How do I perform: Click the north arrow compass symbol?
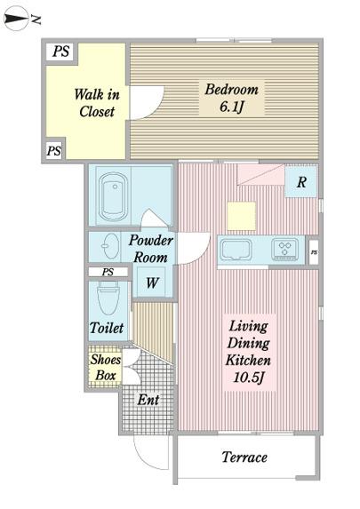click(x=16, y=19)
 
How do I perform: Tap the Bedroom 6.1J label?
click(x=231, y=98)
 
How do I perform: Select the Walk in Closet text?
click(x=97, y=102)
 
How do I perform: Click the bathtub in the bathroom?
click(x=113, y=196)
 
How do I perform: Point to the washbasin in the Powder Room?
click(x=110, y=246)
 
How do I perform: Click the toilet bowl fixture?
click(x=108, y=298)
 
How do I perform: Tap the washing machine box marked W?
click(x=152, y=282)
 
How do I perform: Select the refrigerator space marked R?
click(x=300, y=181)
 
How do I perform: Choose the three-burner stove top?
click(x=285, y=250)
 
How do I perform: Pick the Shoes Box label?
click(x=105, y=367)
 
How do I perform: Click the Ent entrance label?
click(x=148, y=400)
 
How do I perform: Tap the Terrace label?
click(x=244, y=457)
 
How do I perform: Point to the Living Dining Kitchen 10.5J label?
click(x=249, y=352)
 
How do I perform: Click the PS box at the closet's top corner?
click(x=61, y=52)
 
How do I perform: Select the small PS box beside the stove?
click(x=314, y=252)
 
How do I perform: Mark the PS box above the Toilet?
click(x=108, y=272)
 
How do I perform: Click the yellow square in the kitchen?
click(x=242, y=216)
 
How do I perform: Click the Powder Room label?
click(x=150, y=249)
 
